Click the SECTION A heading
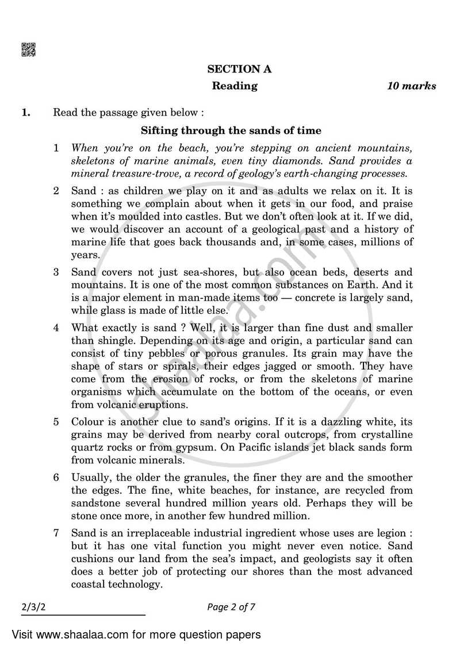(240, 69)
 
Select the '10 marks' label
(411, 86)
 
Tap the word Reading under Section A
(235, 86)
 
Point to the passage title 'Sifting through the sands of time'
(231, 130)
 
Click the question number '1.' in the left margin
(26, 113)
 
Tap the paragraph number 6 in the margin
(56, 478)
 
